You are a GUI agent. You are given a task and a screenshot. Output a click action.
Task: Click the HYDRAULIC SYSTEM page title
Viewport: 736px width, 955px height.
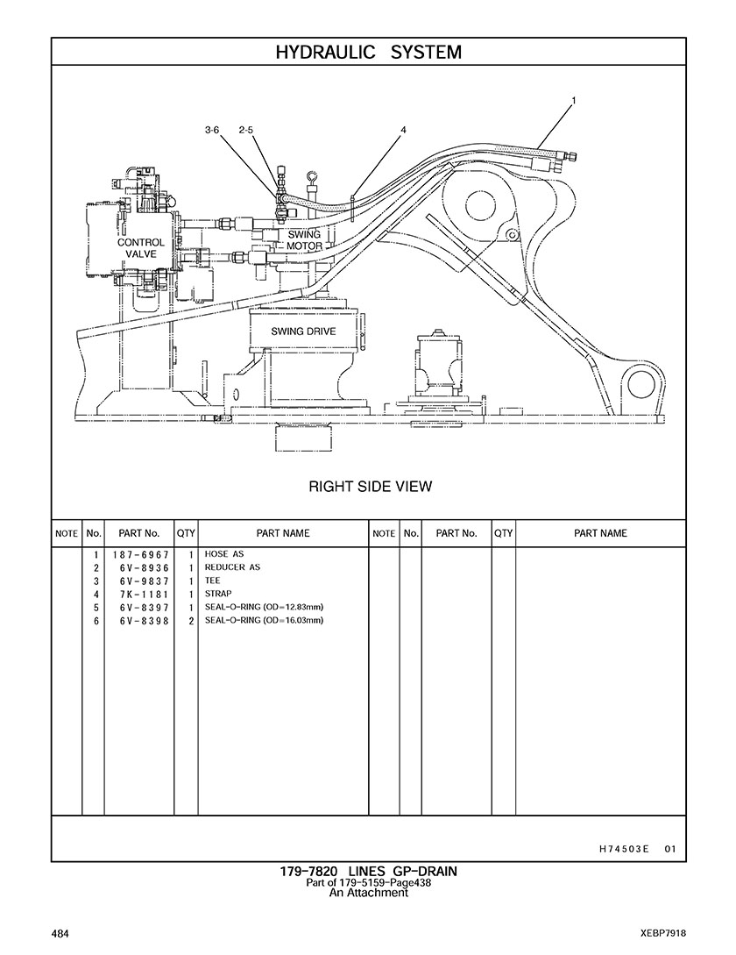pos(368,53)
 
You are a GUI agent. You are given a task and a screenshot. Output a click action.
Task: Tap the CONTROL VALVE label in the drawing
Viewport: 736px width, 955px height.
pos(140,248)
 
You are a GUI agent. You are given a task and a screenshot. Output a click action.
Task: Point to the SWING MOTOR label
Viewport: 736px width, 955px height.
pos(304,240)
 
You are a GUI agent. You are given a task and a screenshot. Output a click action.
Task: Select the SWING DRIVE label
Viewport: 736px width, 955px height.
pos(303,331)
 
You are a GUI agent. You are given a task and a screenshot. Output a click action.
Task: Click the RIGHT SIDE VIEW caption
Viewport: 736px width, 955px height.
pos(370,487)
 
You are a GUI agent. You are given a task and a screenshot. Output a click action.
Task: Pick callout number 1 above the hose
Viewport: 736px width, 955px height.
pos(574,101)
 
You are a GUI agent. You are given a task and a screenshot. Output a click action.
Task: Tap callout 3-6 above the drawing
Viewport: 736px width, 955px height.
pos(212,131)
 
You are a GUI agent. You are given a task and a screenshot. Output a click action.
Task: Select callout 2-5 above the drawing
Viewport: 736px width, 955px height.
pos(245,131)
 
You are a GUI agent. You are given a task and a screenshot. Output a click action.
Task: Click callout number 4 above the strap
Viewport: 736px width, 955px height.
pos(404,131)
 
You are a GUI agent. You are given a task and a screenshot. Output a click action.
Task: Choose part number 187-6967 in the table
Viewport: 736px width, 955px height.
pos(140,555)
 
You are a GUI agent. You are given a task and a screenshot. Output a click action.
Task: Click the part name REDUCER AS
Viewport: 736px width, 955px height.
pos(232,567)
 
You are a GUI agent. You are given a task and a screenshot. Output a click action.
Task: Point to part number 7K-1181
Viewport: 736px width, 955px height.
pos(140,595)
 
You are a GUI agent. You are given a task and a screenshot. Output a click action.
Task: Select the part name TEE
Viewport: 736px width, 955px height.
pos(213,581)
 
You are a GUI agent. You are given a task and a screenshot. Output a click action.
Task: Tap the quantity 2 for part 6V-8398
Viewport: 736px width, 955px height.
pos(190,621)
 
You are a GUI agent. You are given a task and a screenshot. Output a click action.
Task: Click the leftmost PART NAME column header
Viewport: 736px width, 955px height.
pos(282,533)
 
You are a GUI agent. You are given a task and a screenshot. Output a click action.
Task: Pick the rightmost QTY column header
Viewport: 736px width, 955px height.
pos(503,533)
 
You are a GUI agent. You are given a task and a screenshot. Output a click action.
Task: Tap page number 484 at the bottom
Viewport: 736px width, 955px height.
pos(60,933)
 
